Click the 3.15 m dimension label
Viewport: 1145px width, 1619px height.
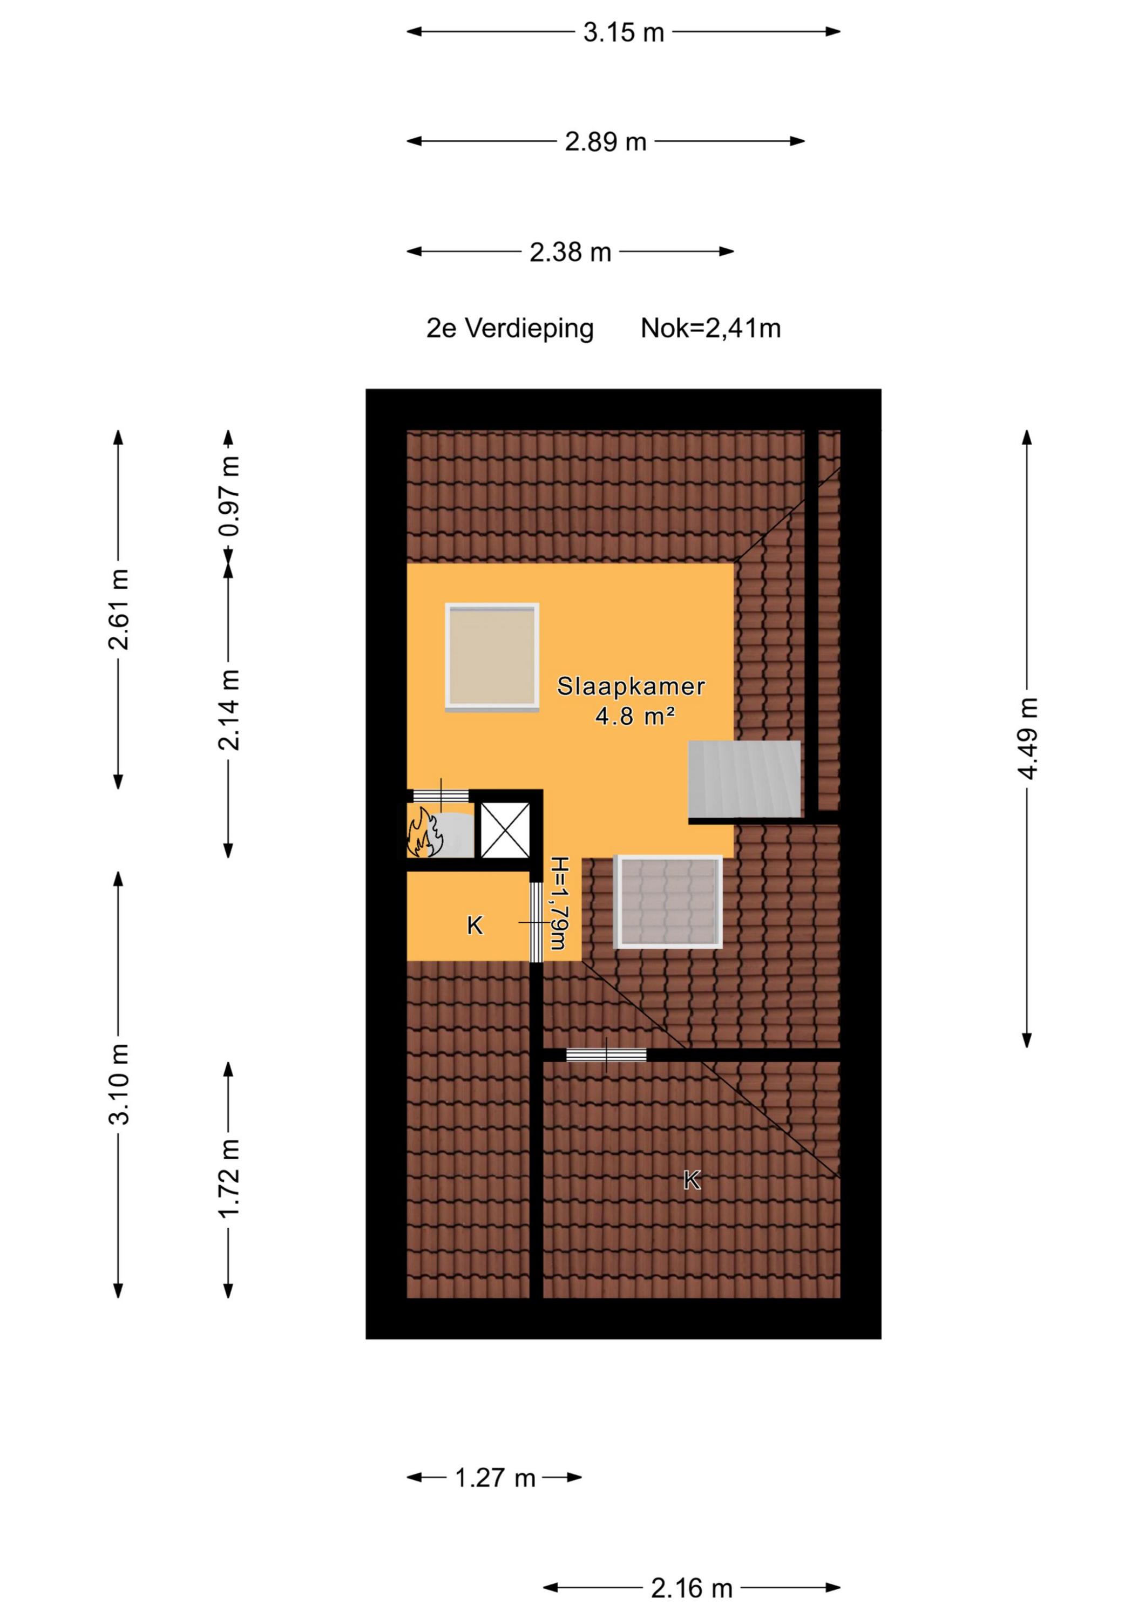coord(624,32)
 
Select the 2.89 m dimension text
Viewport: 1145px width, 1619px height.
coord(605,142)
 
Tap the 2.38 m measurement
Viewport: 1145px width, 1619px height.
coord(570,251)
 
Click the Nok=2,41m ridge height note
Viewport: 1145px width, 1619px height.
coord(710,329)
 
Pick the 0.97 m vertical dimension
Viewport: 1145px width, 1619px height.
coord(230,496)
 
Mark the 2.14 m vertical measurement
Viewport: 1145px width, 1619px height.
coord(230,710)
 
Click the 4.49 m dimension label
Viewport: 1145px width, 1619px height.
coord(1028,738)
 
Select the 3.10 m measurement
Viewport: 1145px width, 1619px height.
coord(119,1084)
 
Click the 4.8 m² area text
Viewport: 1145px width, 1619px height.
coord(635,717)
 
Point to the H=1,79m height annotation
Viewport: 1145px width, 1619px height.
coord(559,903)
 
